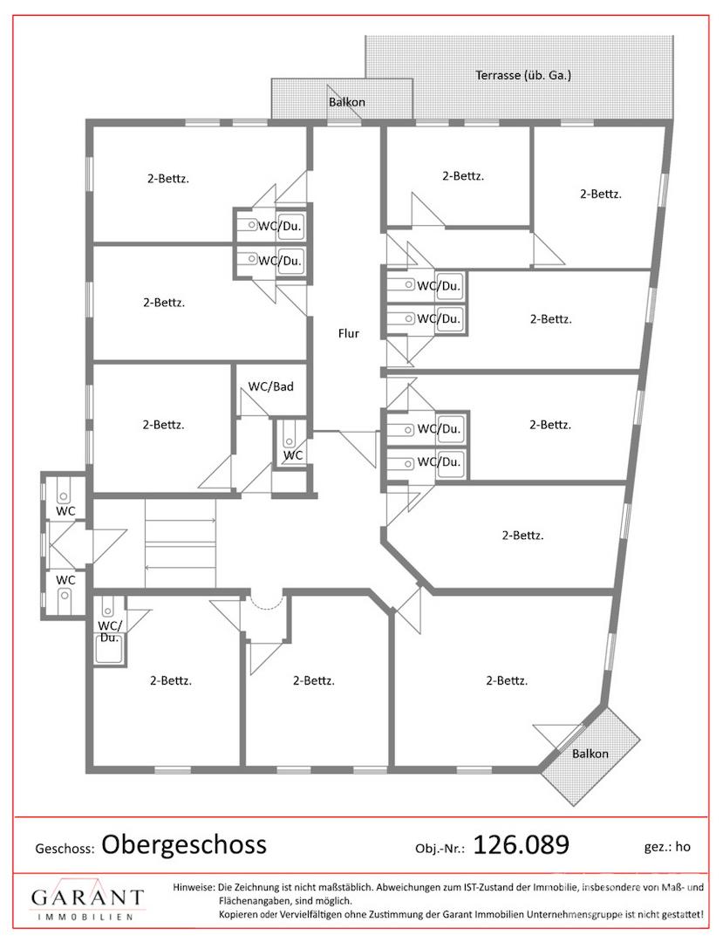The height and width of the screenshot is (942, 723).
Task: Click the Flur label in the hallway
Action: coord(348,333)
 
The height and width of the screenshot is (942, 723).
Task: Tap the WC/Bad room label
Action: coord(271,386)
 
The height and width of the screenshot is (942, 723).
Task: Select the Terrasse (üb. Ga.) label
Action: coord(523,75)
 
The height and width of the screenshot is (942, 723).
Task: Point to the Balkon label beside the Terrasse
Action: coord(346,102)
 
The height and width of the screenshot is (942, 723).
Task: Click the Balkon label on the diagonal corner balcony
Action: coord(590,754)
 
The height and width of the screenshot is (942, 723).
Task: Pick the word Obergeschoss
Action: coord(184,844)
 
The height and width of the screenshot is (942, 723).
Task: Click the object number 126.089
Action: coord(522,844)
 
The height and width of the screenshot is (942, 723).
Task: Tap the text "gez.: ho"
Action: coord(667,847)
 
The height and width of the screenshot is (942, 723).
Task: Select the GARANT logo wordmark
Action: coord(88,897)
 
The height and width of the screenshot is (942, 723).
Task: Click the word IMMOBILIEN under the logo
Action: coord(85,917)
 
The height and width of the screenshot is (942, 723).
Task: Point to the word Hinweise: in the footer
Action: coord(194,887)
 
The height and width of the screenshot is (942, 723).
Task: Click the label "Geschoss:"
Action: coord(65,849)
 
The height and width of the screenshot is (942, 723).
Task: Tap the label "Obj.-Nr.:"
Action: coord(440,849)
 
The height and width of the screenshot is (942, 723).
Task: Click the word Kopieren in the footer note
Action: coord(237,915)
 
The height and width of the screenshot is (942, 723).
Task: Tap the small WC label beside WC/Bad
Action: coord(293,454)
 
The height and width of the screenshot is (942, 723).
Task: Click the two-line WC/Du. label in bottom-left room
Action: coord(110,631)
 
